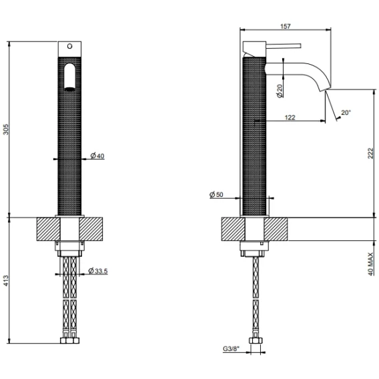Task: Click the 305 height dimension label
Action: point(5,129)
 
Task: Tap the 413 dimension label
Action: point(5,280)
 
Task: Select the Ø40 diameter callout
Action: point(97,155)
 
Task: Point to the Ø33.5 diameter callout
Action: point(98,271)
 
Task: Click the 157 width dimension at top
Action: point(286,26)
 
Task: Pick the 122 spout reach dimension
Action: point(290,117)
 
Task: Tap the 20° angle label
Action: point(346,112)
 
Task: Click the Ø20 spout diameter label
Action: point(280,91)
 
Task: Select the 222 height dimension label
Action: point(370,153)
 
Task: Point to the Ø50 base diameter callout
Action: point(216,194)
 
